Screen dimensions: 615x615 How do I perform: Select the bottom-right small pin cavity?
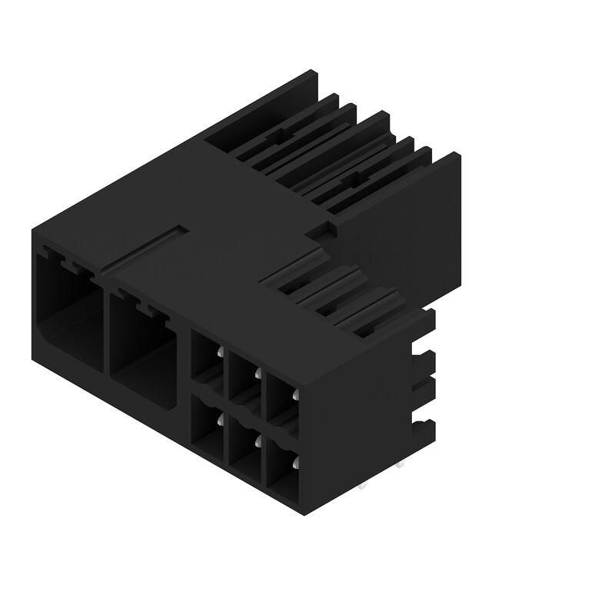281,465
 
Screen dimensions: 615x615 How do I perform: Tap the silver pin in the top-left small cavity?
221,353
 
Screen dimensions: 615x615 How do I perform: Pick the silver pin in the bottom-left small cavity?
221,419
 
